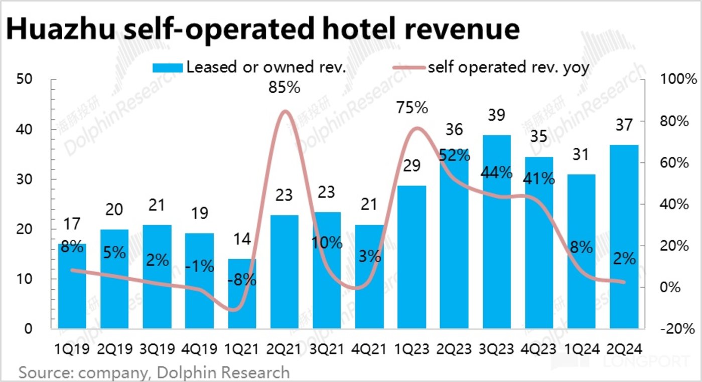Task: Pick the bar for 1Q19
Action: tap(72, 286)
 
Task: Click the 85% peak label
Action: tap(284, 88)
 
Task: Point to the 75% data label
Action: tap(412, 108)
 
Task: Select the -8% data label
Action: tap(242, 280)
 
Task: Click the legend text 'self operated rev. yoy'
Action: tap(507, 67)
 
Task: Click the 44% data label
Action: tap(497, 173)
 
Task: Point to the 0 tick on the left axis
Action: tap(27, 329)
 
